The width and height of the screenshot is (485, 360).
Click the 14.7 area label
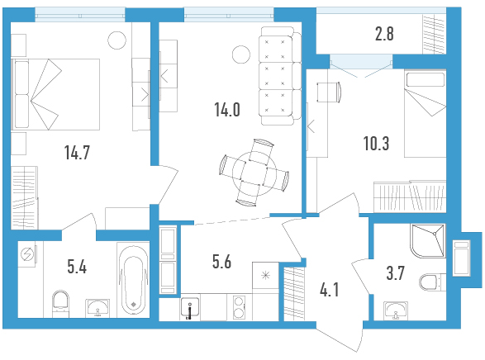[77, 153]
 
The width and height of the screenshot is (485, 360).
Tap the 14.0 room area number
[227, 110]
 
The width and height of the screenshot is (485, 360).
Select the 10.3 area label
[376, 144]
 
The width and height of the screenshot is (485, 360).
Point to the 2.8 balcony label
[384, 34]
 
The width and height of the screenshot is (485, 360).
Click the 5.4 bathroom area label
[77, 267]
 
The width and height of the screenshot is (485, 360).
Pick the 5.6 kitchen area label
[221, 262]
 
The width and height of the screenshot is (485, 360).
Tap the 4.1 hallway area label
[330, 291]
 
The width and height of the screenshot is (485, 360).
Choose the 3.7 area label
[395, 273]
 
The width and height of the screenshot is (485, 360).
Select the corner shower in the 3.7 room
[428, 241]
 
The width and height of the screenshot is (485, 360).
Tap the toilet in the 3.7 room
[432, 282]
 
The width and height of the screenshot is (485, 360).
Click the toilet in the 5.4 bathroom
[60, 304]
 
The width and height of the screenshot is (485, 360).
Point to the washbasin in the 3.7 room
[396, 310]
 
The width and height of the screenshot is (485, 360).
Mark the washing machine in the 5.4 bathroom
[27, 254]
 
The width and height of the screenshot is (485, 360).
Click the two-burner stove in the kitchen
[240, 307]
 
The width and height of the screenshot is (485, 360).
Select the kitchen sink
[190, 308]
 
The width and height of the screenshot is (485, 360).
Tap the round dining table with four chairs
[254, 174]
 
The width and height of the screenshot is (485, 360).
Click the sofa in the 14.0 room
[281, 76]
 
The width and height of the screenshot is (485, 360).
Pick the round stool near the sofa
[241, 54]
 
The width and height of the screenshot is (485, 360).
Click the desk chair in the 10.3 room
[329, 92]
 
